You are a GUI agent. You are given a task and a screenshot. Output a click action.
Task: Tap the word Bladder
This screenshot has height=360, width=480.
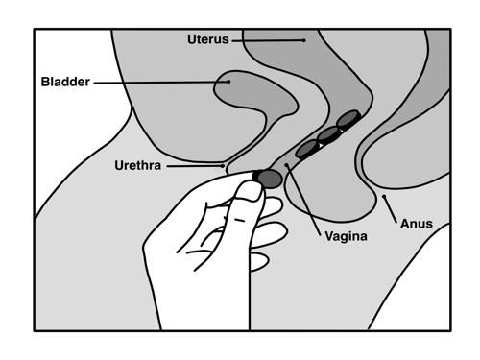(x=65, y=83)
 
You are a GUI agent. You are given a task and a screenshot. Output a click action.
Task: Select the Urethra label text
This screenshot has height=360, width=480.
(x=137, y=166)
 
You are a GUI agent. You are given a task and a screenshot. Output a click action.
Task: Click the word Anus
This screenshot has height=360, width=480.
(x=417, y=224)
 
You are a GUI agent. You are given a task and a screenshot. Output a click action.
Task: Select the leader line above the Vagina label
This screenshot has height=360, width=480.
(x=304, y=193)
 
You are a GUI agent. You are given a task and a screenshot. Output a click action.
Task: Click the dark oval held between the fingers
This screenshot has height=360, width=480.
(x=269, y=178)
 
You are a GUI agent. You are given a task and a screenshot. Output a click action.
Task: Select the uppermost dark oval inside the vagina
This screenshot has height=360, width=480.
(x=348, y=121)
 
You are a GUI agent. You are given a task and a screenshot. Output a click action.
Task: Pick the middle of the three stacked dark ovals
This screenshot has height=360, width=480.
(x=328, y=134)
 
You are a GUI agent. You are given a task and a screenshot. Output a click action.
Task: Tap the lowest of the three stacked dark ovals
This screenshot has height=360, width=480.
(x=307, y=149)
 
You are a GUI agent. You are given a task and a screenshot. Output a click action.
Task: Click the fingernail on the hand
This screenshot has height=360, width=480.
(x=248, y=191)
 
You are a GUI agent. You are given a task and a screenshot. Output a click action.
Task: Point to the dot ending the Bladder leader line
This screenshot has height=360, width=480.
(x=228, y=82)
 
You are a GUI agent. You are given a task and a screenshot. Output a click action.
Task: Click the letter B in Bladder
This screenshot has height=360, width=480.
(x=43, y=83)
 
